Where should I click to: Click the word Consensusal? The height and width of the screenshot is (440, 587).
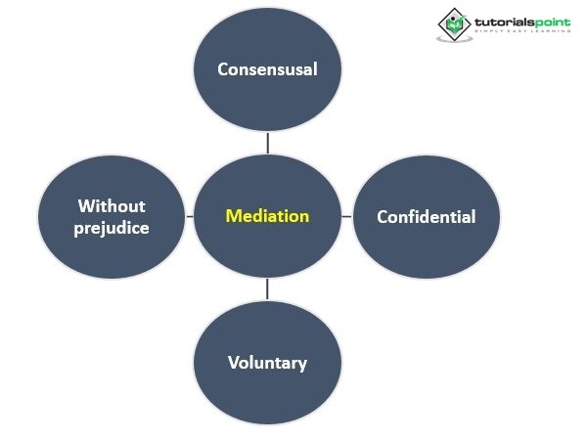(267, 69)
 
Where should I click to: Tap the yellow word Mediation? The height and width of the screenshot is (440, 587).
(267, 216)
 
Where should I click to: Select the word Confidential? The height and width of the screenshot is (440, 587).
(426, 216)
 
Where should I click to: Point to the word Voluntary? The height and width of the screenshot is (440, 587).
(267, 363)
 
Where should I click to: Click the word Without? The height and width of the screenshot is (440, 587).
(112, 205)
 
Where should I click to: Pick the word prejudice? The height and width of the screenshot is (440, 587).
(112, 228)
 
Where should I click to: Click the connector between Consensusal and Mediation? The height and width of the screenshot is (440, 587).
(267, 143)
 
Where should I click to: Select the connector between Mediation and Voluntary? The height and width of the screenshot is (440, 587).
(267, 289)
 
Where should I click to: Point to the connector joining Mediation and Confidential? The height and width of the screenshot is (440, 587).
(346, 216)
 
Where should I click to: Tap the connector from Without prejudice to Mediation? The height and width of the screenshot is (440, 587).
(189, 216)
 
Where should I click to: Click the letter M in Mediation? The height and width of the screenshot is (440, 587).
(232, 216)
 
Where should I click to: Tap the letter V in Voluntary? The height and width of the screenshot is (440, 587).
(233, 363)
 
